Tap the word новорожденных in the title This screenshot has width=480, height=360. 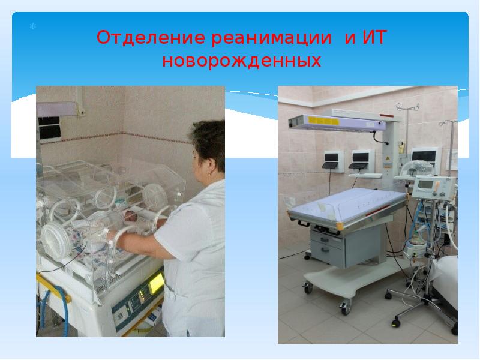pyautogui.click(x=242, y=61)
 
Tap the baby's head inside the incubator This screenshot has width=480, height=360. pyautogui.click(x=130, y=217)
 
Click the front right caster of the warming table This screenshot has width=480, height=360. pyautogui.click(x=345, y=309)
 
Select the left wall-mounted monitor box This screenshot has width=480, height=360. pyautogui.click(x=331, y=159)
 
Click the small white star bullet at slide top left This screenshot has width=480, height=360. pyautogui.click(x=33, y=27)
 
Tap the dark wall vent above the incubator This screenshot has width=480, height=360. pyautogui.click(x=48, y=127)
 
